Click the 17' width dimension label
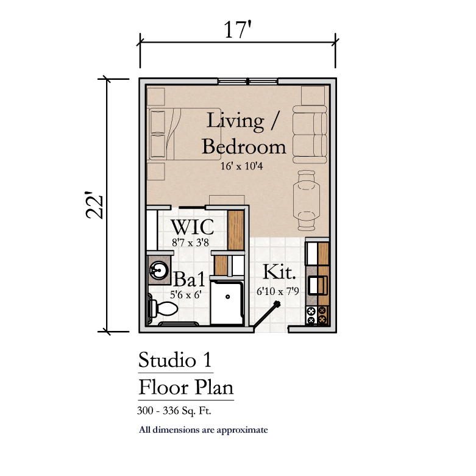(238, 29)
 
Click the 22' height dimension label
(94, 205)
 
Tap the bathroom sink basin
(158, 269)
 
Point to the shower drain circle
(228, 297)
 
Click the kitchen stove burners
(317, 315)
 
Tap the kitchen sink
(318, 285)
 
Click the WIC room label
(193, 227)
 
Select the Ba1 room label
(189, 279)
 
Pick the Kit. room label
(279, 272)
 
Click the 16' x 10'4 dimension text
(241, 166)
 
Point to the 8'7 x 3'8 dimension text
(190, 242)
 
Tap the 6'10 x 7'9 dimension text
(278, 291)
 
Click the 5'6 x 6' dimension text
(186, 294)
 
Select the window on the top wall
(247, 81)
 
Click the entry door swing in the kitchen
(266, 314)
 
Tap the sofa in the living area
(310, 135)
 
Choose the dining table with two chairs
(307, 201)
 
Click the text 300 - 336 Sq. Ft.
(174, 411)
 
